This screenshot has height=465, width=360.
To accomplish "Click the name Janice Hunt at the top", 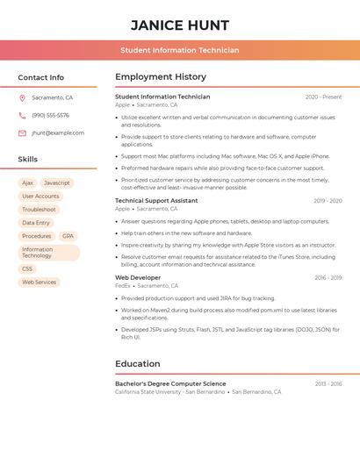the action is [x=180, y=25].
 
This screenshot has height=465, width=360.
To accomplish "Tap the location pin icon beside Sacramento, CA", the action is [x=22, y=98].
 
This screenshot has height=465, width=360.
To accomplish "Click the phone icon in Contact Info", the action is [x=22, y=116].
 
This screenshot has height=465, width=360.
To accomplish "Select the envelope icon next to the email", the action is [x=22, y=133].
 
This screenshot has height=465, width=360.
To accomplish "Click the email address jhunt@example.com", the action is [x=58, y=133].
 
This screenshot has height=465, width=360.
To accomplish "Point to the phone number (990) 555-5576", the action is [x=50, y=116].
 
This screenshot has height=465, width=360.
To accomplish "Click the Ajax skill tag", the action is [x=27, y=183].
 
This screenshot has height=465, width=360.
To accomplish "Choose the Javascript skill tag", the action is [x=56, y=183].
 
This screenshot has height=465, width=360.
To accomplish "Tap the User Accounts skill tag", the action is [x=40, y=197].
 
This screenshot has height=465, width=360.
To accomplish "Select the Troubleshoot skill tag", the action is [x=39, y=210].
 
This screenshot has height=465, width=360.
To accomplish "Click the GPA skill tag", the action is [x=68, y=236].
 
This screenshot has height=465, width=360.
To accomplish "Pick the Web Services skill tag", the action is [x=39, y=283].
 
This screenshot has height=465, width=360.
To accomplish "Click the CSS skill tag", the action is [x=27, y=269].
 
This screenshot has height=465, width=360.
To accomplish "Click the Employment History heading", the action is [x=161, y=77].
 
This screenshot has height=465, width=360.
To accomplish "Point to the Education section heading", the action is [x=138, y=364].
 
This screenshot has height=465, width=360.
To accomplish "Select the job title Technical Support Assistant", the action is [x=156, y=201].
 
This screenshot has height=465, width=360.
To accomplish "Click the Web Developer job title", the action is [x=138, y=277].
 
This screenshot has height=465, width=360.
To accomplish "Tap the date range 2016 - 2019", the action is [x=328, y=278].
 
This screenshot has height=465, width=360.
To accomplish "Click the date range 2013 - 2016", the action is [x=328, y=384].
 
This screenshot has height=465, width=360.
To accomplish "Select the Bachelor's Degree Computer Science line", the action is [x=170, y=383].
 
